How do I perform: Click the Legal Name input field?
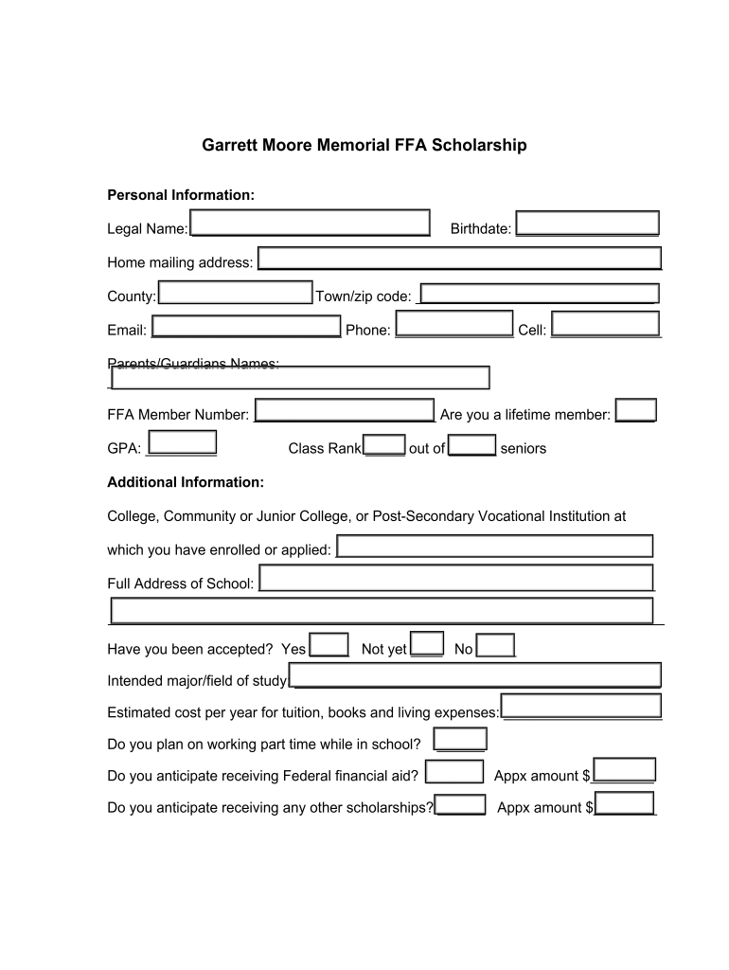coord(310,223)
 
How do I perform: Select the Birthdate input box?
coord(587,223)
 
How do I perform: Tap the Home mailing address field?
coord(459,259)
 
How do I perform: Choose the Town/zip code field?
coord(539,294)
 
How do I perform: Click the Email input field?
coord(246,326)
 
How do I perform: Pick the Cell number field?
coord(605,324)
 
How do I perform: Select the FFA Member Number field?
coord(345,410)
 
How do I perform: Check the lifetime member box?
coord(635,410)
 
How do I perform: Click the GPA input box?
coord(183,442)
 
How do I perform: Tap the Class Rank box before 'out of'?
coord(384,444)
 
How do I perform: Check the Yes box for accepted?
coord(329,644)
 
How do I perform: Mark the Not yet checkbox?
coord(426,643)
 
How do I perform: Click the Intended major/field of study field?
coord(475,675)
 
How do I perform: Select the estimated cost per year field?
coord(580,706)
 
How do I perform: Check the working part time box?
coord(459,739)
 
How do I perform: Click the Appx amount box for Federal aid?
coord(623,770)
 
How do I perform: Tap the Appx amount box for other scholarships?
coord(625,803)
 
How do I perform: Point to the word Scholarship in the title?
coord(479,146)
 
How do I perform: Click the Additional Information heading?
coord(186,482)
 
